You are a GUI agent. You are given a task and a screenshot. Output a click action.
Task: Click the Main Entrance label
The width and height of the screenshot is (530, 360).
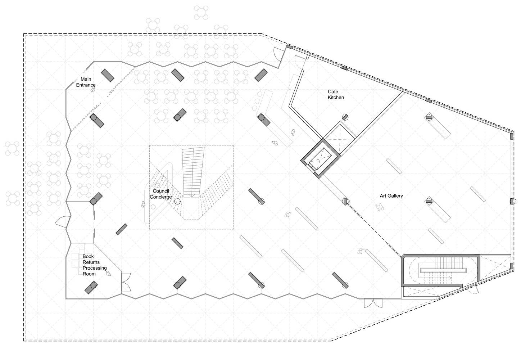click(86, 82)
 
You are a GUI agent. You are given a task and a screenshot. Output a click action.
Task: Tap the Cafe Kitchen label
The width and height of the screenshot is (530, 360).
click(335, 94)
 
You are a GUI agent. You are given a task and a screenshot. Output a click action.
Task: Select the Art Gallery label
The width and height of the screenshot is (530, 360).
click(391, 196)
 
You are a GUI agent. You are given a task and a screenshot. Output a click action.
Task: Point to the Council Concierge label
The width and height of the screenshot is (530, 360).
click(161, 194)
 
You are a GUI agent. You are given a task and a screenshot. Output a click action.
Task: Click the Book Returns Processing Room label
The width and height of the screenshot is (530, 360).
click(94, 265)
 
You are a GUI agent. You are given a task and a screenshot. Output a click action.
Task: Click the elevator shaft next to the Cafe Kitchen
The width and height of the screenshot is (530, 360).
click(320, 158)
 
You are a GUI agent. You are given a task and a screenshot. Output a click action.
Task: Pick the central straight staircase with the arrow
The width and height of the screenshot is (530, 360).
click(192, 172)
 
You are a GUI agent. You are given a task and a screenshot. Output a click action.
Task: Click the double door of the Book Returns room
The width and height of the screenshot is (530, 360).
click(126, 282)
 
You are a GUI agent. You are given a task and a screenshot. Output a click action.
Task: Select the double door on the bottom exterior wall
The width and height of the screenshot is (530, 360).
click(373, 303)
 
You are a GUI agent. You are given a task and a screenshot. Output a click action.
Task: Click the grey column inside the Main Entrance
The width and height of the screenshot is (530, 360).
click(108, 75)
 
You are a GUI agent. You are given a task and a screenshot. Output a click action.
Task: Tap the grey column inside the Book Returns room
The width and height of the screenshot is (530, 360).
click(91, 287)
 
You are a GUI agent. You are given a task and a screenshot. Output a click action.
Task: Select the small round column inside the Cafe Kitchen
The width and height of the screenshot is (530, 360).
click(345, 117)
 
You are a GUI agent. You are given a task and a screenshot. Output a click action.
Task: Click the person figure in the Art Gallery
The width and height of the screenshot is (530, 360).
click(380, 207)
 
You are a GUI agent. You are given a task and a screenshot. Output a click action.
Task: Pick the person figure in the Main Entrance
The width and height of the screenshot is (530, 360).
click(93, 89)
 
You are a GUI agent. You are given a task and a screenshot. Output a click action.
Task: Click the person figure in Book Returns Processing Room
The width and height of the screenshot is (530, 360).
click(108, 273)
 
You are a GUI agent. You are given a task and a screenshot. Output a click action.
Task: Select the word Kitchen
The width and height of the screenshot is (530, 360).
click(335, 98)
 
